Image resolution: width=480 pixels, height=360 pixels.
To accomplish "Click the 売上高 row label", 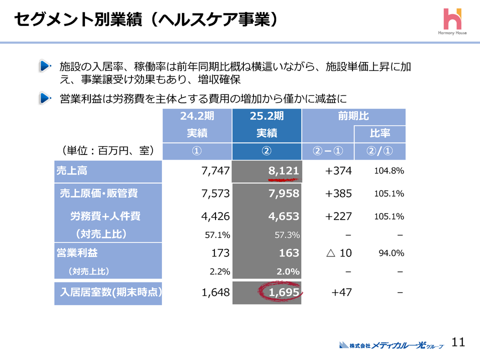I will point(108,171).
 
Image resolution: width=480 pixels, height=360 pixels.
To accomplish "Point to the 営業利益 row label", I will point(108,252).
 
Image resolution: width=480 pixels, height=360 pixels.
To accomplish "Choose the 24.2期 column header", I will point(197,116).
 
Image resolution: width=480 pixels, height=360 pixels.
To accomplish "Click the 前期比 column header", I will point(353,116).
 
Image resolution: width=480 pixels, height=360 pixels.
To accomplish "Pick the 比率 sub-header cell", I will point(379,133).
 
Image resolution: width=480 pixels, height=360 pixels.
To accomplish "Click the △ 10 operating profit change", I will point(338,253).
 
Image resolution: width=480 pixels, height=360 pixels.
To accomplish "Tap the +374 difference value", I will point(338,171).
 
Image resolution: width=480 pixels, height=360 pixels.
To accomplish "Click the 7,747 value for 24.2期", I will point(215,171).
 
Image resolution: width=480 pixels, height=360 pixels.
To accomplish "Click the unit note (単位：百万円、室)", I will point(107,150).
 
